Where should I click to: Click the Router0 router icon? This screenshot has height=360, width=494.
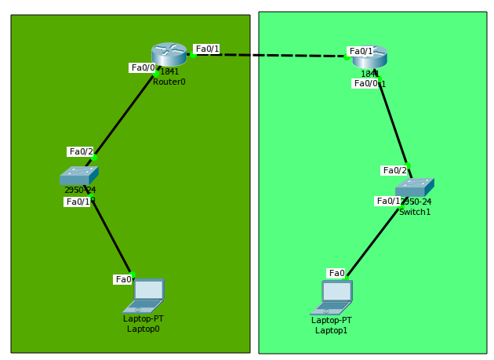pos(169,54)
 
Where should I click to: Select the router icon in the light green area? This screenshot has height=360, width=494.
pos(369,57)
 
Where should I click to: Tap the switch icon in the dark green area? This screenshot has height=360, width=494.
pos(78,176)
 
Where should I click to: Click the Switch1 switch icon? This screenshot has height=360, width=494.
pos(414,187)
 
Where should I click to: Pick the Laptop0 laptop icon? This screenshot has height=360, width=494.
pos(144,296)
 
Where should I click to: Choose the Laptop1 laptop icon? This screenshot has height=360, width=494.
pos(332,297)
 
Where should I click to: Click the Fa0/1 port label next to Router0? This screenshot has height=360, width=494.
pos(207,49)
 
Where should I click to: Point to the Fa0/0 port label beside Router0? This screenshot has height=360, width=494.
pos(143,67)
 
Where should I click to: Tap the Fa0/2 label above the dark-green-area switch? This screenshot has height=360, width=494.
pos(81,151)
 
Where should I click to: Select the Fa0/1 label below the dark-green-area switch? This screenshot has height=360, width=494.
pos(78,202)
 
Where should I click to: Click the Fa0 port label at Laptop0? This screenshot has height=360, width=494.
pos(123,279)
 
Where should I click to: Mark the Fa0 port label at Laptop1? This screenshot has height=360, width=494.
pos(336,273)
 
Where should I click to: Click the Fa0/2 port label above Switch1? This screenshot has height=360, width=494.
pos(394,170)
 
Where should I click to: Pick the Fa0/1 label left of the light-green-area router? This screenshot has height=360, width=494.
pos(361,51)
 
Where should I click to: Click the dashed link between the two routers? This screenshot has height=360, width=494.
pos(267,55)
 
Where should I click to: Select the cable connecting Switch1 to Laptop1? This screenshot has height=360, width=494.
pos(375,235)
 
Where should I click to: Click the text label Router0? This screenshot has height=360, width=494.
pos(169,82)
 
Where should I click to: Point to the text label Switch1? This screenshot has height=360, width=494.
pos(414,212)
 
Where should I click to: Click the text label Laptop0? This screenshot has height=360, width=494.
pos(143,329)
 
